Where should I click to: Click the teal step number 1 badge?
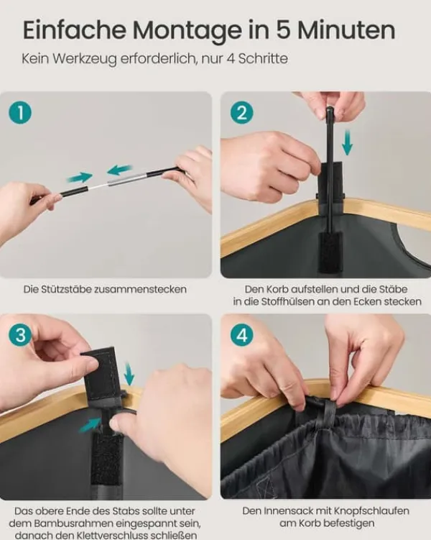tap(20, 113)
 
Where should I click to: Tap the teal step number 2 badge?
tap(242, 113)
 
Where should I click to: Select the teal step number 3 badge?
tap(20, 335)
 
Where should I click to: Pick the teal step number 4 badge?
tap(242, 335)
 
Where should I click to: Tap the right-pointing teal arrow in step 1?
tap(80, 178)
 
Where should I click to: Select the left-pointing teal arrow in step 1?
tap(119, 170)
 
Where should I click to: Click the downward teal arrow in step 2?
tap(347, 142)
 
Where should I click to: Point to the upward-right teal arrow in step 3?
tap(91, 425)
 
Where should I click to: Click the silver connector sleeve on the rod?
tap(128, 179)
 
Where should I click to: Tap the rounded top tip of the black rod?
tap(329, 110)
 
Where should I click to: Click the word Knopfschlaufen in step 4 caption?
tap(372, 511)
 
